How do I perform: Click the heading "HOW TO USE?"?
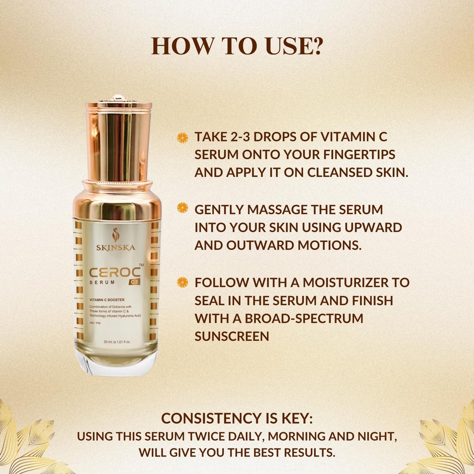pos(237,46)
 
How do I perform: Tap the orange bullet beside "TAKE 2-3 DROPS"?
pos(182,137)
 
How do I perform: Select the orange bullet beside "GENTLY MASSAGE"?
pos(182,208)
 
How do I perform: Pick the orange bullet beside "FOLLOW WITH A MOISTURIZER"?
pos(182,282)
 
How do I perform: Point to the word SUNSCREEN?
pos(232,336)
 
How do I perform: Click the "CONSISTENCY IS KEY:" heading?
pos(237,419)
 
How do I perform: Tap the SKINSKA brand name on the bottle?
pos(116,248)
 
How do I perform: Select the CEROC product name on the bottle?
pos(115,273)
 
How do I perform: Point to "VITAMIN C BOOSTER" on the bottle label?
pos(107,300)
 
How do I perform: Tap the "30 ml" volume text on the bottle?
pos(108,342)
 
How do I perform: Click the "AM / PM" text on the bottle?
pos(95,323)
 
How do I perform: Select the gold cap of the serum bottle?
pos(118,138)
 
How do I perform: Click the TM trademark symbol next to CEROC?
pos(141,265)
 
